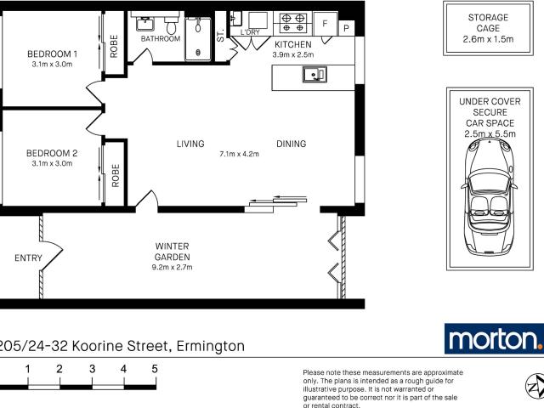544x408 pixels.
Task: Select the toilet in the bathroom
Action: tap(171, 26)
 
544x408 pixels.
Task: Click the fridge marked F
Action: tap(325, 25)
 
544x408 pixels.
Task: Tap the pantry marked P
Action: tap(346, 29)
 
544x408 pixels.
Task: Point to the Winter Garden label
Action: tap(172, 252)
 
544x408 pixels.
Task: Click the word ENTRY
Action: tap(29, 258)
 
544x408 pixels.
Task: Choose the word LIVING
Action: tap(190, 144)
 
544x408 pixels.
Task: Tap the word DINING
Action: tap(291, 144)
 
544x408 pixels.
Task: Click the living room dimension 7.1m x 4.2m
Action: tap(238, 155)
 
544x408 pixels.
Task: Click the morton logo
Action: tap(494, 338)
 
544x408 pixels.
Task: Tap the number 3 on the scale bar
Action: tap(92, 369)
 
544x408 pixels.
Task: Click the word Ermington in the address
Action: tap(210, 346)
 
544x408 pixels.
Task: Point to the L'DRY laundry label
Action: tap(251, 32)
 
